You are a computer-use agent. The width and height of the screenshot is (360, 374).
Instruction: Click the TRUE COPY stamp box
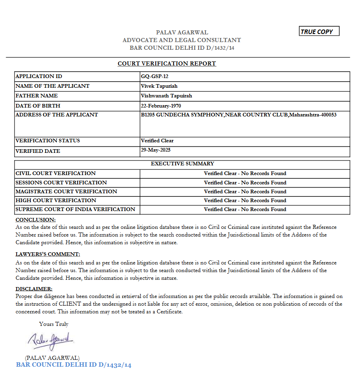319,32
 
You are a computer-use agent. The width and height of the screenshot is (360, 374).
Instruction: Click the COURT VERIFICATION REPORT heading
167,63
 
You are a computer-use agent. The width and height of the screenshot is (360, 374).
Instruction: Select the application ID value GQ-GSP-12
155,76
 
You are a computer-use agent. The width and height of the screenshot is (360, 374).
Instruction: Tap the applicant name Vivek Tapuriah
159,86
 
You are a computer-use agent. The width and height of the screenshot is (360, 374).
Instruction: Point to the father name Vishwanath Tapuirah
166,96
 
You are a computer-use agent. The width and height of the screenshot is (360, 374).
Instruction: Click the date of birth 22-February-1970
161,106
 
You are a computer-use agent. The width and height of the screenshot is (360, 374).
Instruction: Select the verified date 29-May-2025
156,150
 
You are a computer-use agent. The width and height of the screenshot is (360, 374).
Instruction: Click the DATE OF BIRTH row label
38,106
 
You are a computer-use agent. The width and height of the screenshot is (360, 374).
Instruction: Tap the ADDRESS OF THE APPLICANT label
57,115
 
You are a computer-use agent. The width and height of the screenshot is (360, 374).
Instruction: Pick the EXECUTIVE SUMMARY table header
182,164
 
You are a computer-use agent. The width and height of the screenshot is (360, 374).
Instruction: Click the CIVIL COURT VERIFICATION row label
56,173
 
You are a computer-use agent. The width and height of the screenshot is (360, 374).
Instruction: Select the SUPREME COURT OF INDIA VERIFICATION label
75,209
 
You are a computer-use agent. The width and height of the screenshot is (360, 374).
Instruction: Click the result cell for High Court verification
245,201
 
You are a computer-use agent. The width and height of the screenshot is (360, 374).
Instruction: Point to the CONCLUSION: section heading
36,220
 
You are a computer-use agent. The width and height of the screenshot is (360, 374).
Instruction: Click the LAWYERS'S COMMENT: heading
48,254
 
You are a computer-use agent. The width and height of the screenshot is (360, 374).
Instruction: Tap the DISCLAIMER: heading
34,289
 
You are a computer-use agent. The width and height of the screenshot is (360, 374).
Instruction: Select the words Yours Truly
54,324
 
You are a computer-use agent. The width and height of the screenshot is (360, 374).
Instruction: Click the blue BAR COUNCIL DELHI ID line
74,365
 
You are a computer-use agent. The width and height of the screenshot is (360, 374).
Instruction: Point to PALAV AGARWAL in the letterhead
182,32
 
